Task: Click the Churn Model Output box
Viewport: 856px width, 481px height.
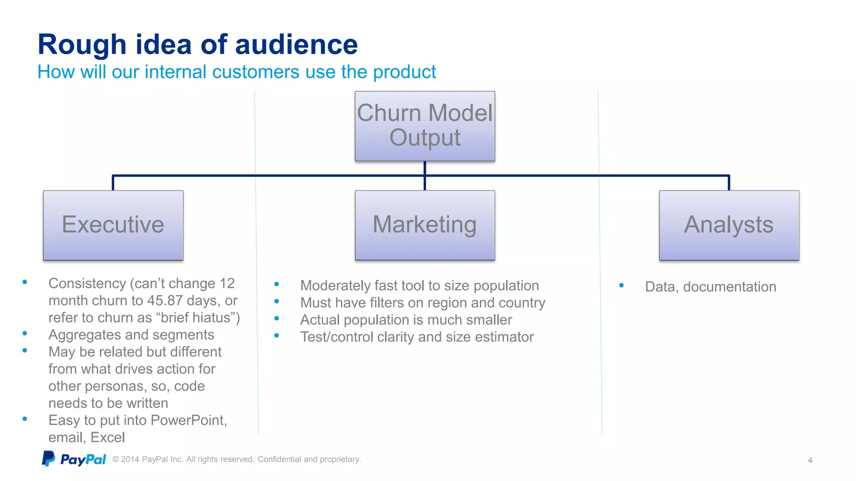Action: [425, 126]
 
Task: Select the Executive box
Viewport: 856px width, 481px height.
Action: [113, 225]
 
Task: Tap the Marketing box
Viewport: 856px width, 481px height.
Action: [425, 225]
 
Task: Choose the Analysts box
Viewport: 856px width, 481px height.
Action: [729, 225]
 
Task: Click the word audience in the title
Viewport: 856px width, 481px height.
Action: [296, 45]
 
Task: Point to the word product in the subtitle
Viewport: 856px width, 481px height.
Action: [404, 72]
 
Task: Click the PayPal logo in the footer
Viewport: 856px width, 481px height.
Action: [74, 459]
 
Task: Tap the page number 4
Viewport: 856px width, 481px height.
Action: [810, 460]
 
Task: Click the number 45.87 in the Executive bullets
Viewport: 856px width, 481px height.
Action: [165, 301]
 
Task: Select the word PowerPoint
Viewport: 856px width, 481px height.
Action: [188, 420]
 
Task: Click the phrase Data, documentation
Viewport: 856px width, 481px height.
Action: [711, 287]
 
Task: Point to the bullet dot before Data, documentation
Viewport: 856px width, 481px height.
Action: [622, 286]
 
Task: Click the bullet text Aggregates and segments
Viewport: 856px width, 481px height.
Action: [131, 335]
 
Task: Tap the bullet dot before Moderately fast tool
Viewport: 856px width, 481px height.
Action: [277, 284]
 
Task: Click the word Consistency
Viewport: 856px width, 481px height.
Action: [87, 284]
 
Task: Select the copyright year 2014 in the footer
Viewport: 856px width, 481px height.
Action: [130, 459]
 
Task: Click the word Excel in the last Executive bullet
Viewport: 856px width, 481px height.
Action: [107, 437]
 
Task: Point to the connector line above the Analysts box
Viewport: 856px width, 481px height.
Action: [729, 182]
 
